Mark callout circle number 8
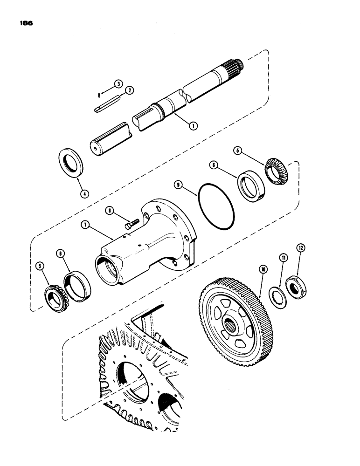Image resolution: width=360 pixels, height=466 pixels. pyautogui.click(x=110, y=210)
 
